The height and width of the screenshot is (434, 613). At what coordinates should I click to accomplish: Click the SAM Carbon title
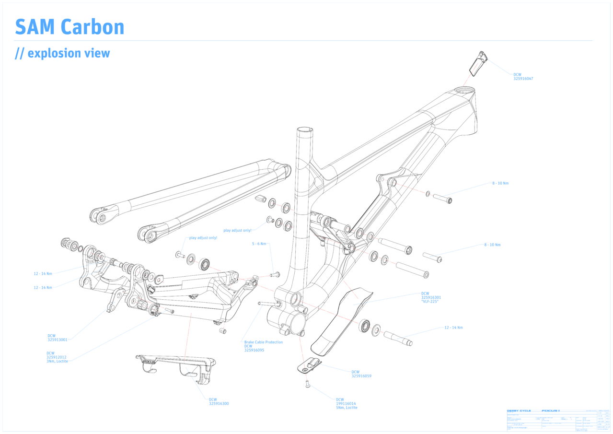coord(69,27)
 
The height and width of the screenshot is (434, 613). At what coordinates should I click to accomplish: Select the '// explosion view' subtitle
coord(62,53)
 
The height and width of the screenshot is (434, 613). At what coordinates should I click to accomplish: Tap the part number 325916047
coord(523,79)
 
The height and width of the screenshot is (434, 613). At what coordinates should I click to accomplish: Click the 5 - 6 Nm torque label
coord(260,244)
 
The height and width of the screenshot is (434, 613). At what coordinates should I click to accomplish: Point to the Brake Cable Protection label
coord(263,342)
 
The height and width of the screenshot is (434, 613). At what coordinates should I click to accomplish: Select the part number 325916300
coord(219,404)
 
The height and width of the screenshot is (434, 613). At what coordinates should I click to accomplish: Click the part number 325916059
coord(361,376)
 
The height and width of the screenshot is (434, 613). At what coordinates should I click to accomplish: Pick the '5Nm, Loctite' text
coord(346,408)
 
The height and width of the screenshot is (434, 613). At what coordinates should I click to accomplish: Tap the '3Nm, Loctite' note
coord(57,361)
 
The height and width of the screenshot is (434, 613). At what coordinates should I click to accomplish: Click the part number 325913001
coord(57,340)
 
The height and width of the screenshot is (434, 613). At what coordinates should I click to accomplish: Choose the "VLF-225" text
coord(430,301)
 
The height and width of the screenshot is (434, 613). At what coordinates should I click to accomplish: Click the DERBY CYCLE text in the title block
coord(519,411)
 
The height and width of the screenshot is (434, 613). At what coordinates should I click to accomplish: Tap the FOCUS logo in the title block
coord(550,411)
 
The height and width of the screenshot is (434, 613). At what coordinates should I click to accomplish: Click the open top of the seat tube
coord(304,130)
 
